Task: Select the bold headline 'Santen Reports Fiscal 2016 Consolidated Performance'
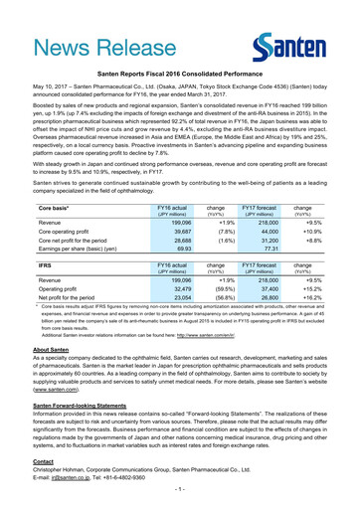[x=180, y=74]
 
